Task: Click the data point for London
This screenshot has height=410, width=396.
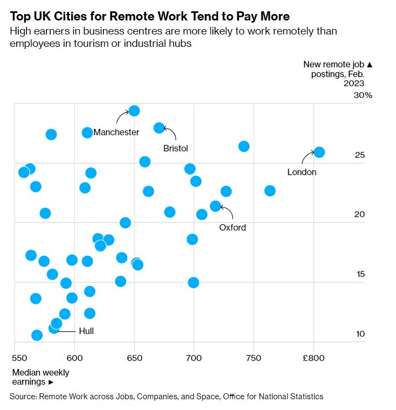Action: (x=319, y=152)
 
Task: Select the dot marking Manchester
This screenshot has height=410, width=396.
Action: (x=135, y=111)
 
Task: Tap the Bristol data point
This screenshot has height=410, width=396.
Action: (x=159, y=128)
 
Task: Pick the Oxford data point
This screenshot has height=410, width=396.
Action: (x=216, y=206)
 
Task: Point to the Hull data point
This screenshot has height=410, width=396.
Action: (x=54, y=328)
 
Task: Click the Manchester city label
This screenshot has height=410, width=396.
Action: (x=116, y=132)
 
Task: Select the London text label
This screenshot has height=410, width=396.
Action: (x=302, y=172)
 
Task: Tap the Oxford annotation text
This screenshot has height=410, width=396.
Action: (x=232, y=227)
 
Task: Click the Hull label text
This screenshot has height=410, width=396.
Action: (x=86, y=331)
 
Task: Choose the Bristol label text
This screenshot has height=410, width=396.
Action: (x=176, y=148)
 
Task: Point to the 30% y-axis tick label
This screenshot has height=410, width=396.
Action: (x=363, y=95)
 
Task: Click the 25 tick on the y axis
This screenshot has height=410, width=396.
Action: (x=360, y=155)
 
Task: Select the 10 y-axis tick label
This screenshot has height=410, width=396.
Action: (x=360, y=334)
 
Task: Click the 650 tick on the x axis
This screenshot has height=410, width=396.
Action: (x=134, y=357)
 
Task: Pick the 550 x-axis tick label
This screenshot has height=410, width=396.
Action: (x=19, y=357)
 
